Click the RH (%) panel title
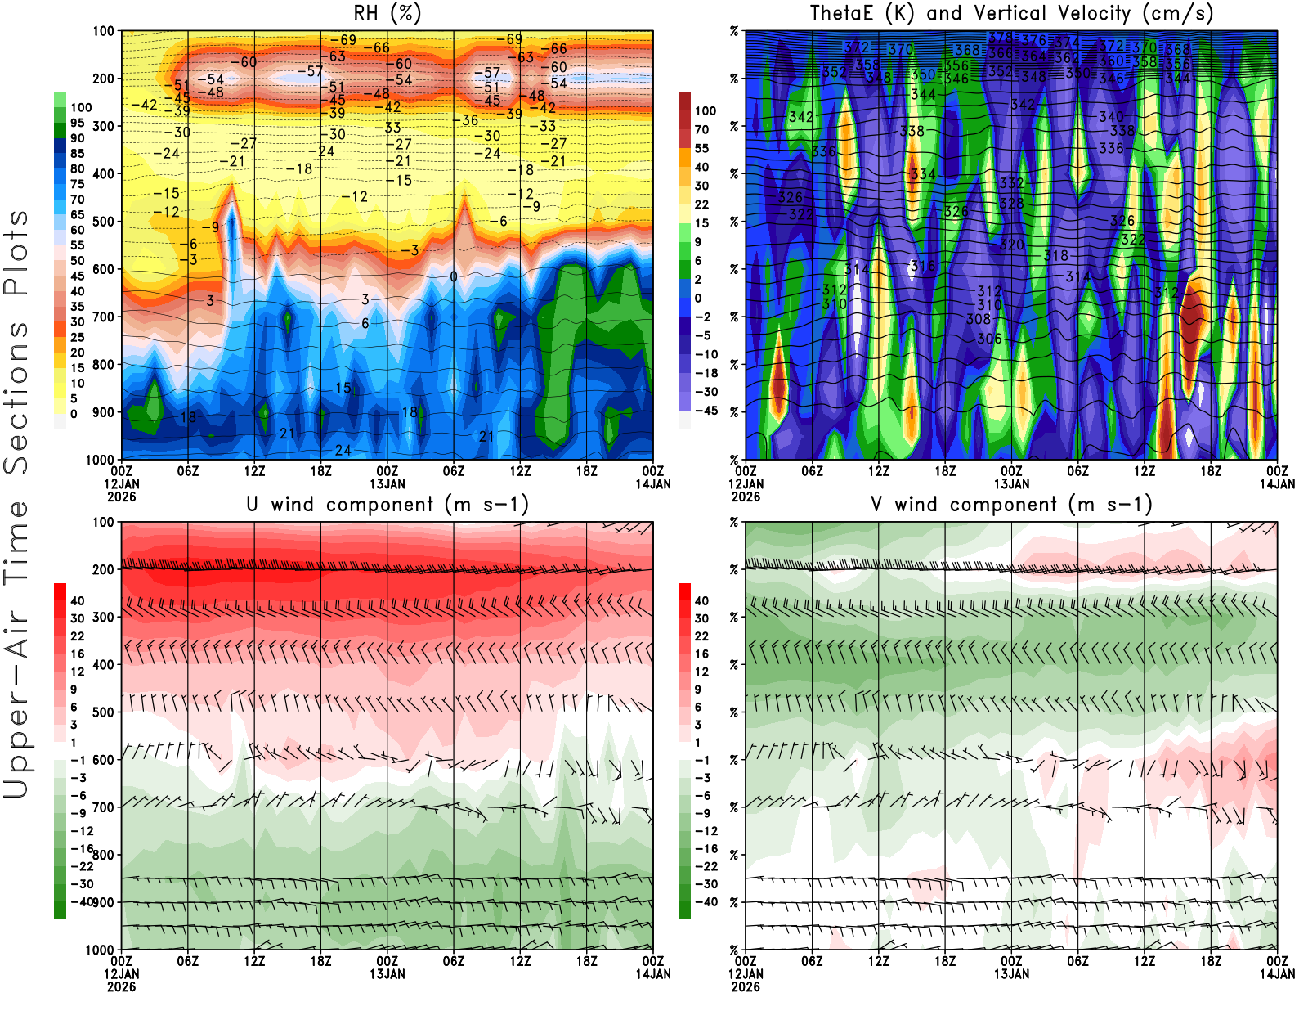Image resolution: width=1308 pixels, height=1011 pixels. point(387,13)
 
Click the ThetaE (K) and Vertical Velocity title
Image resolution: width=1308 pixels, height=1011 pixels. point(1011,13)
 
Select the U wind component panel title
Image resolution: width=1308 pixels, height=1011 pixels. point(387,505)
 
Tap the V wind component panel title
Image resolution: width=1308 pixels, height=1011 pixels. point(1011,505)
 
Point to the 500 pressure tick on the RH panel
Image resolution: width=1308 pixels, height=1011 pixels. point(104,221)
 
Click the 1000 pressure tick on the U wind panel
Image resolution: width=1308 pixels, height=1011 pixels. point(101,950)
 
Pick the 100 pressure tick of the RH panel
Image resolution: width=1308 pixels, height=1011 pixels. point(104,31)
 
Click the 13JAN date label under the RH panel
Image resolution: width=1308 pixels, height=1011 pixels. point(387,483)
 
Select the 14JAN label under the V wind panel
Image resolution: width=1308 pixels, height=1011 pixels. point(1277,974)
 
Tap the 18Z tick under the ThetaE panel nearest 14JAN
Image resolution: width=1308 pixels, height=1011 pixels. point(1211,471)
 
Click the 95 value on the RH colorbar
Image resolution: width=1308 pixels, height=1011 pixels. point(77,123)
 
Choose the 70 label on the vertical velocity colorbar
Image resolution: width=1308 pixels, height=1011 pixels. point(701,129)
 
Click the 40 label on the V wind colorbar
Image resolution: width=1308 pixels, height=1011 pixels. point(701,600)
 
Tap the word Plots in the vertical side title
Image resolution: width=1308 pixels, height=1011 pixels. point(16,254)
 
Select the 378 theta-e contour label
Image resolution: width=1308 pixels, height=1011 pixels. point(1000,38)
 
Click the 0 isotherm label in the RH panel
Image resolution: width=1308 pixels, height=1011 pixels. point(454,276)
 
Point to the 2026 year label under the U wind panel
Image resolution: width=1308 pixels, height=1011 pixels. point(121,986)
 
